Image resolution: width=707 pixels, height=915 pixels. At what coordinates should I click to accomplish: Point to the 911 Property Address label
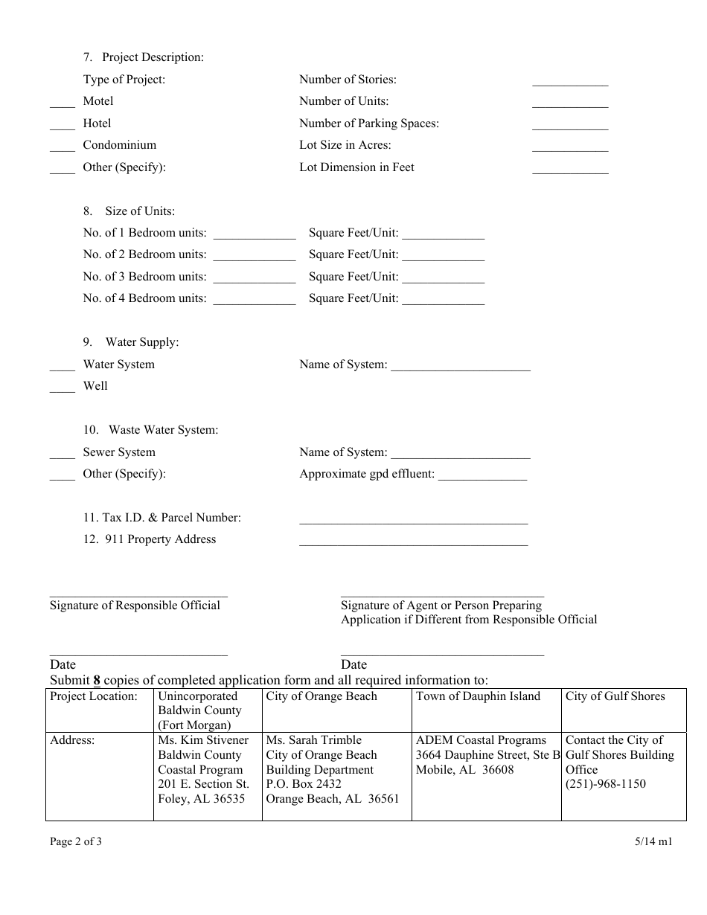click(150, 539)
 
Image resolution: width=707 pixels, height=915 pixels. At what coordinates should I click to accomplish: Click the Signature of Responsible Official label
click(135, 606)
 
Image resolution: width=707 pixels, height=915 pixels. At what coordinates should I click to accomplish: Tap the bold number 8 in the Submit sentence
click(97, 680)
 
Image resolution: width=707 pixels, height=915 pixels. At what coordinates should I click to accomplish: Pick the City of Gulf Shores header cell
click(615, 696)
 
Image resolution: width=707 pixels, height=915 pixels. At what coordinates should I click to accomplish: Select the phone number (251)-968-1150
click(606, 784)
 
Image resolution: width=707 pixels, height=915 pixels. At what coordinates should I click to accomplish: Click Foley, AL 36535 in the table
click(201, 799)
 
